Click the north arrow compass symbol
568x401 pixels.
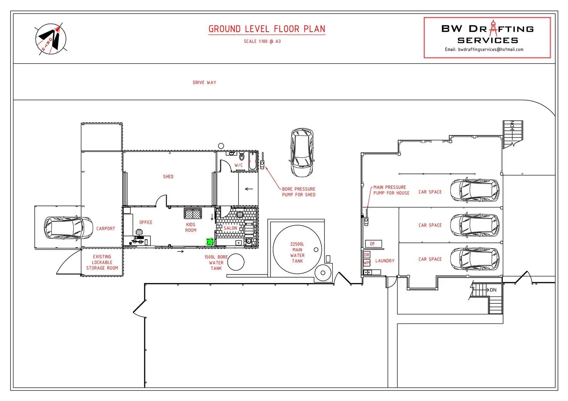tap(51, 39)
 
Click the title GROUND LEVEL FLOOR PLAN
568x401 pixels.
tap(267, 29)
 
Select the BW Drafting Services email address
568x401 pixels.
tap(490, 49)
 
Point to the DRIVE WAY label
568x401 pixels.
tap(205, 83)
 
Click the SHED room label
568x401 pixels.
tap(168, 177)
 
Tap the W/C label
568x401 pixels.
tap(238, 165)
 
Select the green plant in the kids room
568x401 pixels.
tap(210, 242)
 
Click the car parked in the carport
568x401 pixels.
tap(68, 227)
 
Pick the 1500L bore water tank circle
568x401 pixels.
tap(236, 262)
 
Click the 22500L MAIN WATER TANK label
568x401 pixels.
tap(297, 253)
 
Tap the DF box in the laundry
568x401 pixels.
tap(373, 244)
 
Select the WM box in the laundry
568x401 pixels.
tap(367, 263)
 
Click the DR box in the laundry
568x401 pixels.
tap(367, 254)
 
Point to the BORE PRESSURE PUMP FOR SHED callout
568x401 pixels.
tap(299, 192)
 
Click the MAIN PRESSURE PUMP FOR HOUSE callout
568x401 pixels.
tap(391, 190)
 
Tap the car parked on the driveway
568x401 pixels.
tap(302, 153)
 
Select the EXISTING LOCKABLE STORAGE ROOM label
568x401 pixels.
tap(102, 262)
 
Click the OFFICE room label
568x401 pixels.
tap(146, 222)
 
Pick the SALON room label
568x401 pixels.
tap(230, 228)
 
